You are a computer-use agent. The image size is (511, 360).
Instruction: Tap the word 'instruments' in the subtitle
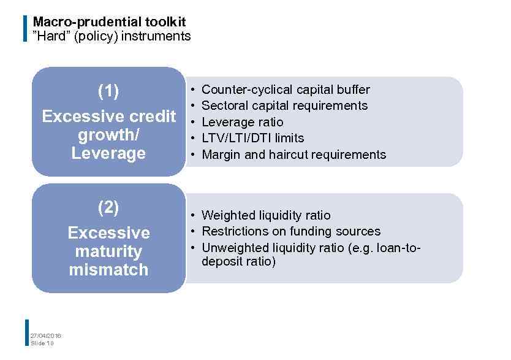tap(156, 36)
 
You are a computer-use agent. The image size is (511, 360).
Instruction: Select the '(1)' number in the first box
tap(108, 91)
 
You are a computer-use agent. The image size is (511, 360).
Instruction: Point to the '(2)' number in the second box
tap(108, 208)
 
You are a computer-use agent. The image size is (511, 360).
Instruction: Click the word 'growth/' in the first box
tap(109, 135)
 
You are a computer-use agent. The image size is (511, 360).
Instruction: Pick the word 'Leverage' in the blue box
tap(108, 153)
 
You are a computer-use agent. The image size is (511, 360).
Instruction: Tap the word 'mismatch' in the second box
tap(108, 270)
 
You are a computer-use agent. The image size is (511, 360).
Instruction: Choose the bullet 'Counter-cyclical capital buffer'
tap(286, 90)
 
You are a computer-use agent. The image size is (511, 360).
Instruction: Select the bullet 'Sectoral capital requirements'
tap(284, 105)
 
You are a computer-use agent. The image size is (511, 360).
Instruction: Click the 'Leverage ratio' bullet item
tap(242, 122)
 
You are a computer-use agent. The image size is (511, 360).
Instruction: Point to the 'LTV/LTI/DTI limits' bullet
tap(252, 138)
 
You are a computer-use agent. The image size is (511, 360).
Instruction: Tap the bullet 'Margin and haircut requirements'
tap(293, 155)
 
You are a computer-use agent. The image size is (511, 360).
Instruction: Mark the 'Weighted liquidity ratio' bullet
tap(265, 215)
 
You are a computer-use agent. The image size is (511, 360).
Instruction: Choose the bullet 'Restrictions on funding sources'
tap(290, 231)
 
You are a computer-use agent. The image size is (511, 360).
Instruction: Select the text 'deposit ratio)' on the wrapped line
tap(238, 262)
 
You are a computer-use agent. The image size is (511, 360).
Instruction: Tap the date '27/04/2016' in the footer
tap(46, 335)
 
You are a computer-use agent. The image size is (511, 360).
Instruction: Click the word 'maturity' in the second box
tap(108, 251)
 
